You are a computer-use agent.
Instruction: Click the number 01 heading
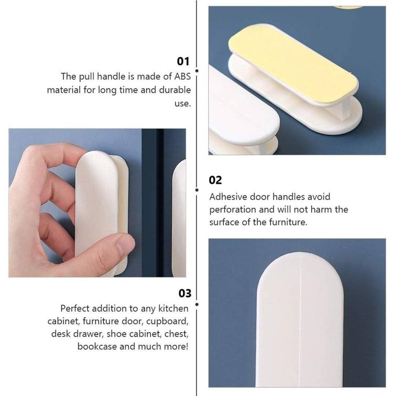(x=183, y=61)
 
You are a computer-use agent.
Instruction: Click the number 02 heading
(x=215, y=180)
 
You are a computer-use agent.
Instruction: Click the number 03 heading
(x=185, y=293)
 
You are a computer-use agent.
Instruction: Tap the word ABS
(x=183, y=76)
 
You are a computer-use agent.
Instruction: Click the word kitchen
(x=173, y=308)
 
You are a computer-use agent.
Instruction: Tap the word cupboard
(x=168, y=322)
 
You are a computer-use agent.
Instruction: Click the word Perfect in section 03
(x=75, y=308)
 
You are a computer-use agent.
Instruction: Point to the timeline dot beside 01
(x=197, y=71)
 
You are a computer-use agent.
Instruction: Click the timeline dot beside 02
(x=197, y=190)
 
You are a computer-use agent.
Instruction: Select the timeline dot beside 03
(x=197, y=304)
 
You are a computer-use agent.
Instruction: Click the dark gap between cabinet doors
(x=160, y=202)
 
